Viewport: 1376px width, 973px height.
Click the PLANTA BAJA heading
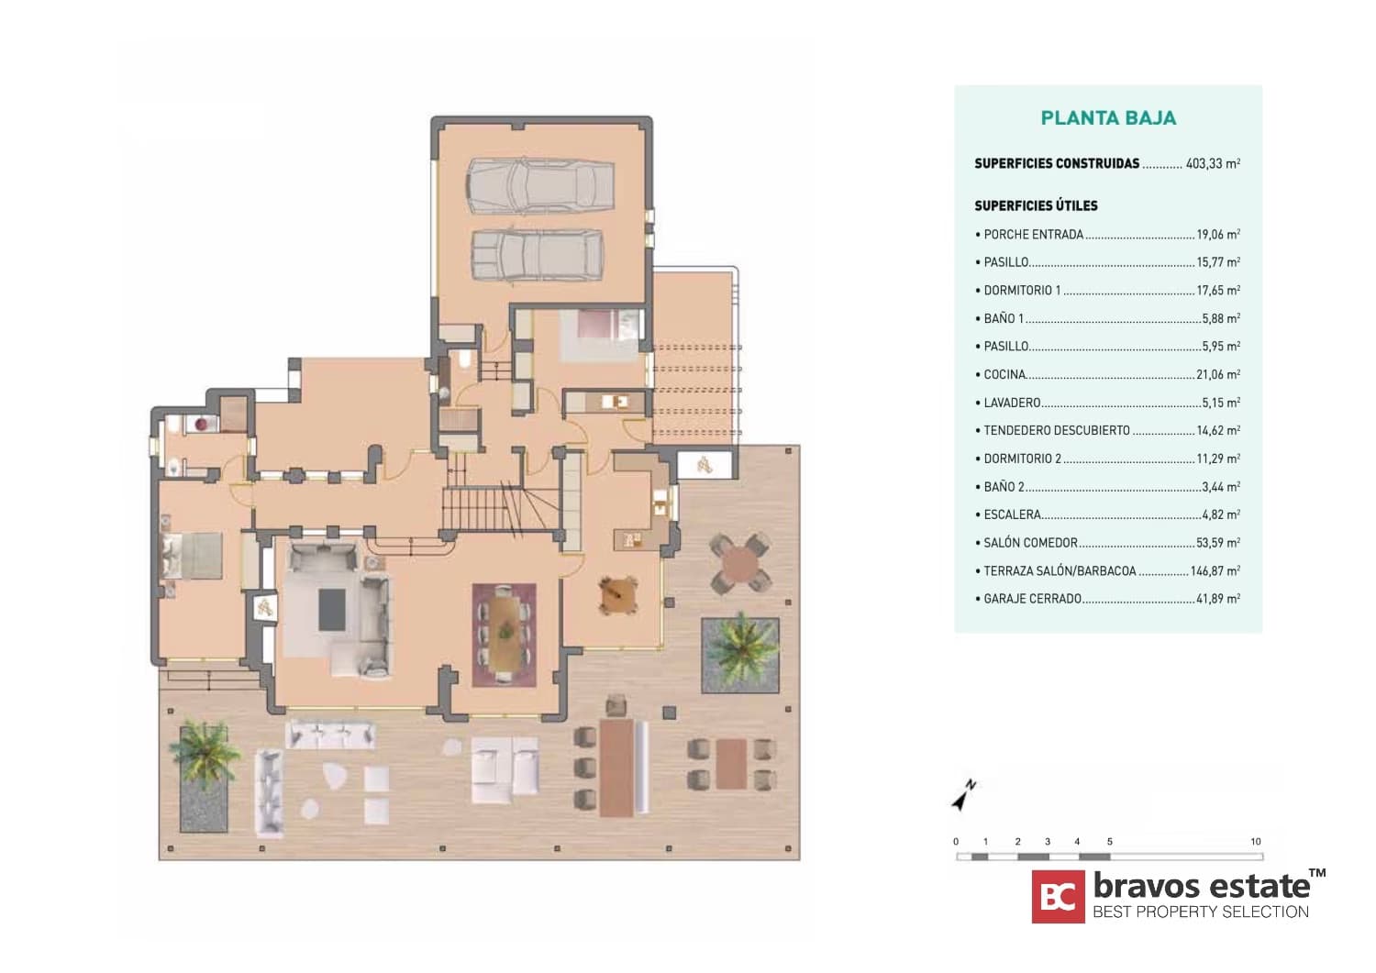click(x=1108, y=118)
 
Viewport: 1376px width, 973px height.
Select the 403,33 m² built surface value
click(x=1213, y=163)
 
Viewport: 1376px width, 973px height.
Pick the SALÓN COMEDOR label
click(x=1031, y=543)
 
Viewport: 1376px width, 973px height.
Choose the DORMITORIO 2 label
click(x=1022, y=459)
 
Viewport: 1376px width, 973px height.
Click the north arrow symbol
click(x=962, y=796)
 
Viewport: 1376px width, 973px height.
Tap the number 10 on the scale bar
click(x=1256, y=842)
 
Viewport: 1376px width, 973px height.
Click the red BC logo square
click(x=1058, y=896)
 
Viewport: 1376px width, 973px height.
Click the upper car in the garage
click(x=540, y=186)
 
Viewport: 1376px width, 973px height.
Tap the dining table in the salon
click(x=505, y=633)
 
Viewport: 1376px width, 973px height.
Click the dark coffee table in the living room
click(x=332, y=609)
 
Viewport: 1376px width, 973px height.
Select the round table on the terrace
click(x=740, y=563)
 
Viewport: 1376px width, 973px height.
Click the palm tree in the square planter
click(x=740, y=652)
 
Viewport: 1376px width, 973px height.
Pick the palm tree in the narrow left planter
click(x=205, y=755)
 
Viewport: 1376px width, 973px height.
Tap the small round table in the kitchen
click(x=617, y=595)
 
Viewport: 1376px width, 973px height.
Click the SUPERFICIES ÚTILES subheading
click(x=1036, y=205)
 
